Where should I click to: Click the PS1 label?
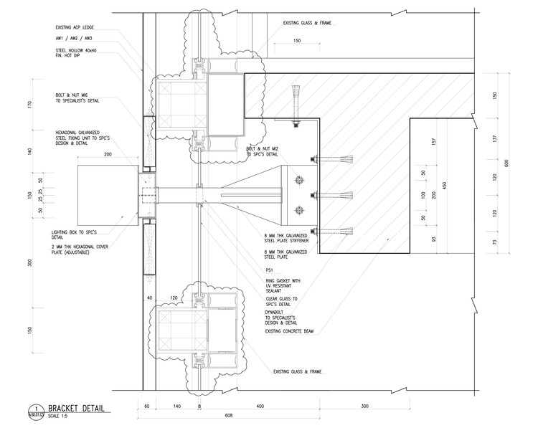coord(269,269)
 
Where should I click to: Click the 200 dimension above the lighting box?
coord(108,154)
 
